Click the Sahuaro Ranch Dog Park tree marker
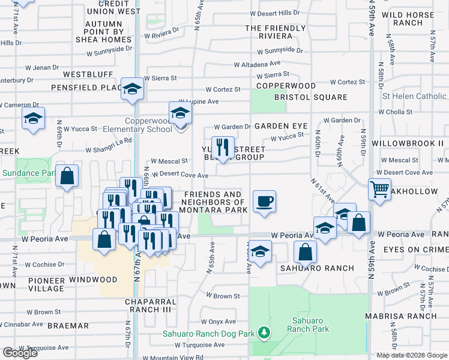[x=262, y=332]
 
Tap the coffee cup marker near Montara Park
[x=264, y=200]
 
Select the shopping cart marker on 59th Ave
[x=379, y=190]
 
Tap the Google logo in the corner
[x=20, y=353]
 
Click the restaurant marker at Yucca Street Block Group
[x=223, y=146]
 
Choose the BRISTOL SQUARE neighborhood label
[x=310, y=97]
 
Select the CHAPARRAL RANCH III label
[x=151, y=305]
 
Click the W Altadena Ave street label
[x=257, y=64]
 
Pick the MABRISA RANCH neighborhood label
[x=411, y=316]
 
